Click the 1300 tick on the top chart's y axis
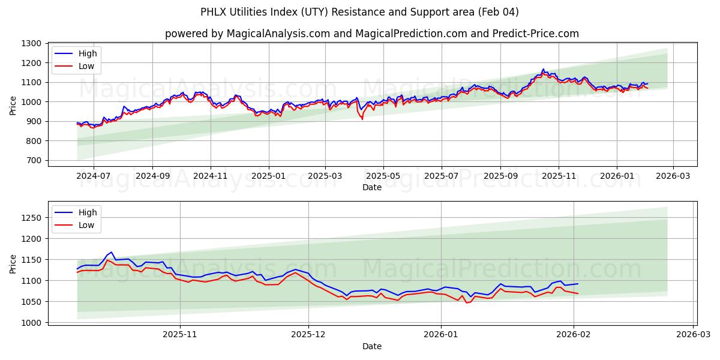31,43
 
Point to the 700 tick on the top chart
33,160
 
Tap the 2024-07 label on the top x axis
94,176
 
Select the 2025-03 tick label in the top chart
325,176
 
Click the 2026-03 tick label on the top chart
673,176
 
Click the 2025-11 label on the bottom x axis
181,334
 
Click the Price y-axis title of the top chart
13,104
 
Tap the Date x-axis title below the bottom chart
372,346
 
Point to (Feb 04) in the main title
498,12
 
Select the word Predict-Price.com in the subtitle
541,34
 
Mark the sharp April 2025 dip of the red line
362,119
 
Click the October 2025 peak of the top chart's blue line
544,69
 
